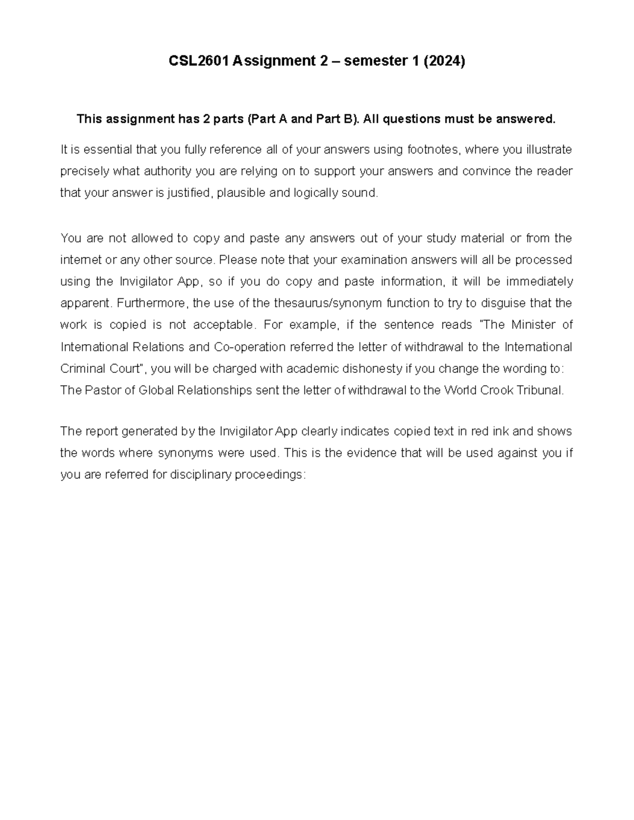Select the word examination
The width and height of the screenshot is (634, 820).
[x=377, y=260]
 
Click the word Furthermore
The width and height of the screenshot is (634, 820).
[x=151, y=304]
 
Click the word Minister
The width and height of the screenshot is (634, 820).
[x=533, y=325]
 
